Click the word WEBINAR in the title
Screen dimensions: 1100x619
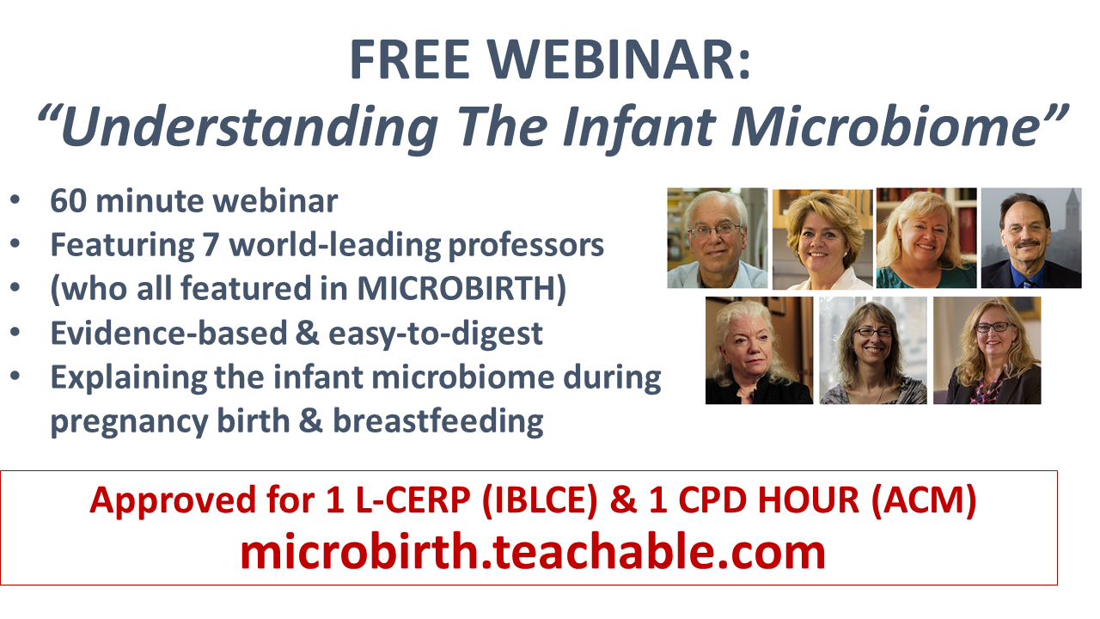[619, 59]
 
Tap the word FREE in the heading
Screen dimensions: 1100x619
[410, 59]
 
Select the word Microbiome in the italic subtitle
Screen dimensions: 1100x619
[899, 126]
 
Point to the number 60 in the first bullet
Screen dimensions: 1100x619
[69, 201]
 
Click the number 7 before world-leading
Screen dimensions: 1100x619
[211, 245]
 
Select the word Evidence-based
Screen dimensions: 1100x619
[169, 333]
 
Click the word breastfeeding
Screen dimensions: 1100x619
[438, 421]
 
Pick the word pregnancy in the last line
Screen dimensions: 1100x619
[130, 422]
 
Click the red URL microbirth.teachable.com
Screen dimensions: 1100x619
[533, 552]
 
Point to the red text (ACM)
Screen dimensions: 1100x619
[924, 500]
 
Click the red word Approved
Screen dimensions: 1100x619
[174, 501]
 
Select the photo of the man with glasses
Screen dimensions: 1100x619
[718, 238]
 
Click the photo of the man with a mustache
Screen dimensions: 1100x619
[1031, 238]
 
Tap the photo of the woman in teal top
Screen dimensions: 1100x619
[926, 238]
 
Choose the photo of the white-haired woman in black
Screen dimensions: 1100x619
[759, 350]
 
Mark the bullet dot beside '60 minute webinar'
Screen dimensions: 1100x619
[15, 200]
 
